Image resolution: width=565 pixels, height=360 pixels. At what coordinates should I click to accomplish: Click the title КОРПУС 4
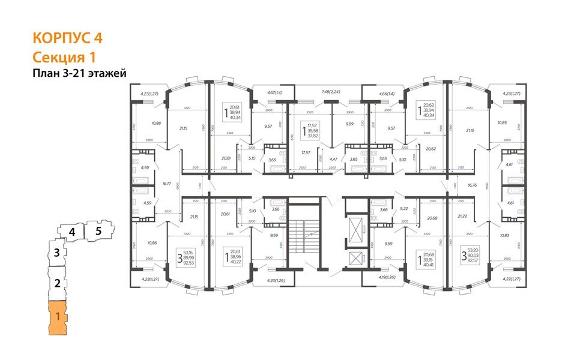pyautogui.click(x=68, y=38)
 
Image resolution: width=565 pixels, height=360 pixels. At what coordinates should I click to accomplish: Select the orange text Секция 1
pyautogui.click(x=63, y=57)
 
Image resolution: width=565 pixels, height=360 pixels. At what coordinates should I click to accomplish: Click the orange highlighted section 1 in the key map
pyautogui.click(x=58, y=317)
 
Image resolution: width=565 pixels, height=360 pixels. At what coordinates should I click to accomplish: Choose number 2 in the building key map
pyautogui.click(x=56, y=284)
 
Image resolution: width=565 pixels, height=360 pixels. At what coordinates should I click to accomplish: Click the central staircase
pyautogui.click(x=305, y=234)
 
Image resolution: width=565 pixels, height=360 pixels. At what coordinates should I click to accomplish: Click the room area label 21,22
pyautogui.click(x=462, y=216)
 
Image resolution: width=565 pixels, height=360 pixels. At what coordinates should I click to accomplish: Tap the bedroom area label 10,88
pyautogui.click(x=156, y=124)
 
